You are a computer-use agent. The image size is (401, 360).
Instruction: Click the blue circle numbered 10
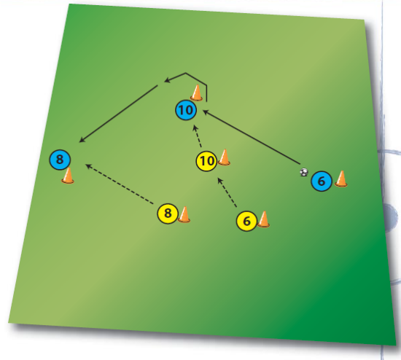(186, 110)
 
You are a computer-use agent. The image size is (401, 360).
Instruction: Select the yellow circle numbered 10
(206, 161)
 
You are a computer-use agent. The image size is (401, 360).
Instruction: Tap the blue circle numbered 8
(60, 160)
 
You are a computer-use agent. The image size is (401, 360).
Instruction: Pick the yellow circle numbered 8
(168, 214)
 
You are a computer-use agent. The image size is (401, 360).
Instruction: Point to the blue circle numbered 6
(322, 181)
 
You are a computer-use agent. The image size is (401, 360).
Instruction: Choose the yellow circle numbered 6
(246, 221)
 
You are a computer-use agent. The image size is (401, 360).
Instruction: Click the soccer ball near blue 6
(304, 172)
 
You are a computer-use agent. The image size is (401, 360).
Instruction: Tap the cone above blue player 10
(197, 93)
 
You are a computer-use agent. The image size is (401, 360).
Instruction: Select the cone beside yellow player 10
(225, 157)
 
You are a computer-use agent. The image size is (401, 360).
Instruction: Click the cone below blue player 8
(68, 176)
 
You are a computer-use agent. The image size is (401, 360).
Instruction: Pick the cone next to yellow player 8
(184, 214)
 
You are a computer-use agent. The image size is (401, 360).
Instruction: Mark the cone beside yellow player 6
(263, 219)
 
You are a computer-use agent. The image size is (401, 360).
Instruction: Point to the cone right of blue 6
(341, 179)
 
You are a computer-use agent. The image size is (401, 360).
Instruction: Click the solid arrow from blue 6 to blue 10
(252, 137)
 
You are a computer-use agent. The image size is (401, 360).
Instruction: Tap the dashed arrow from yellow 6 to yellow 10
(227, 192)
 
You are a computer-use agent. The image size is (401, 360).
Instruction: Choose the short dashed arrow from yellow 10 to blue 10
(198, 136)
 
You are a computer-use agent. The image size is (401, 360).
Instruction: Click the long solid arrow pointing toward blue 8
(118, 114)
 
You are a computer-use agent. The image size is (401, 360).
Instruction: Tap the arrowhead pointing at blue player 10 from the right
(205, 111)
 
